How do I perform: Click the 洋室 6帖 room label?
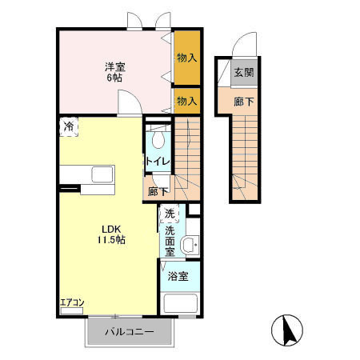(x=115, y=72)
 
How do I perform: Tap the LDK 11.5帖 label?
(x=111, y=234)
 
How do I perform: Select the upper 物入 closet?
(x=187, y=58)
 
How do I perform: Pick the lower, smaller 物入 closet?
(x=187, y=101)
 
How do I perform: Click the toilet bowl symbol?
(x=158, y=139)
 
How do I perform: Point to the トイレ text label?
(x=158, y=161)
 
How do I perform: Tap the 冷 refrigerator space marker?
(x=69, y=126)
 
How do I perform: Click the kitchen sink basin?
(x=102, y=174)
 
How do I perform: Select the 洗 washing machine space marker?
(x=169, y=214)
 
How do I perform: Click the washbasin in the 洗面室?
(x=190, y=245)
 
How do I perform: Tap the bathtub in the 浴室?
(x=180, y=303)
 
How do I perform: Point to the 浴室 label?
(x=178, y=276)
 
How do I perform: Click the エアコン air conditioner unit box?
(x=72, y=311)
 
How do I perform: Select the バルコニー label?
(x=130, y=332)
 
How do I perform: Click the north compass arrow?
(x=289, y=330)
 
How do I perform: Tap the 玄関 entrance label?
(x=244, y=72)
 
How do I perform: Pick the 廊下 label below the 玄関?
(x=244, y=102)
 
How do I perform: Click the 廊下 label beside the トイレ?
(x=158, y=191)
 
